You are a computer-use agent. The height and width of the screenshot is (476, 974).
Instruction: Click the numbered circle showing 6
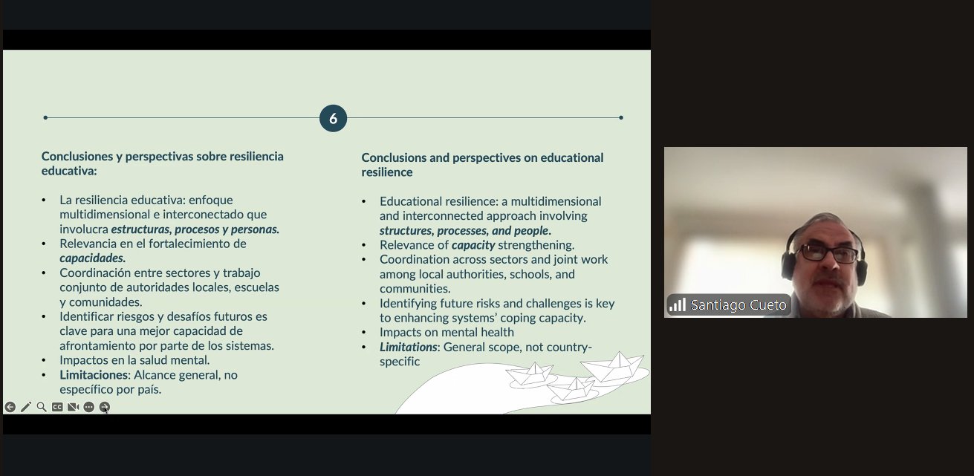coord(333,118)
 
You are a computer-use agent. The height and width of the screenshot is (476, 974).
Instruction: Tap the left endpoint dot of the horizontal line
coord(45,117)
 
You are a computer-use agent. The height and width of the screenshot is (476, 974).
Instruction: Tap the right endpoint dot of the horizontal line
coord(621,117)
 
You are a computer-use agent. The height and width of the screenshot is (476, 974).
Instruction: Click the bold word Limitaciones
coord(94,375)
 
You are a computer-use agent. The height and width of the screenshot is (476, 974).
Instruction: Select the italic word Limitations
coord(408,347)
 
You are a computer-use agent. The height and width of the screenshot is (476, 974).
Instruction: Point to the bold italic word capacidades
coord(91,258)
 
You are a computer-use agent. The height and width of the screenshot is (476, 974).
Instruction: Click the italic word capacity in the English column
coord(473,245)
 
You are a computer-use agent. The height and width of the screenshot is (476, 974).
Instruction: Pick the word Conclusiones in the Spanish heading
coord(77,157)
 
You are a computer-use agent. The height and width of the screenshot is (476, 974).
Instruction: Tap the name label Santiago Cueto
coord(738,305)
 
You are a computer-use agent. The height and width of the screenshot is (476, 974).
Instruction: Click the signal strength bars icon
coord(678,304)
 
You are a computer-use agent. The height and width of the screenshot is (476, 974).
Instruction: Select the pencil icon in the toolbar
coord(26,407)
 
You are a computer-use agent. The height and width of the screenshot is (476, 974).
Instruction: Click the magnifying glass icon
coord(42,407)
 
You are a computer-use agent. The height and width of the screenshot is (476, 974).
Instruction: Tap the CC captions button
coord(57,407)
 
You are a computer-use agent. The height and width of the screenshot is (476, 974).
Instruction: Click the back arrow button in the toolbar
coord(10,407)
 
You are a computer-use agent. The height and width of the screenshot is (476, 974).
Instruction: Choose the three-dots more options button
coord(88,407)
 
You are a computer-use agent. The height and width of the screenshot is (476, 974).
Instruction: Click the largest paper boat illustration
coord(613,368)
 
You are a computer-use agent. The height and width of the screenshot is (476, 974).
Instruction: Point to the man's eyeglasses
coord(828,253)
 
